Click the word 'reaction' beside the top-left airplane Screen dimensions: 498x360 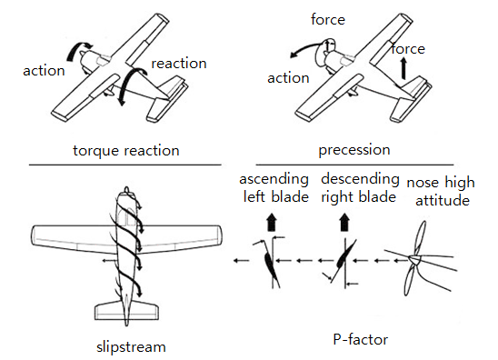click(179, 64)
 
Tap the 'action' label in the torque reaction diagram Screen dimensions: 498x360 click(44, 71)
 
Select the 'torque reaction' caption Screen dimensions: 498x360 click(126, 151)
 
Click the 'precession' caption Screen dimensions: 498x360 click(354, 150)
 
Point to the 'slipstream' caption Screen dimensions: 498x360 click(131, 346)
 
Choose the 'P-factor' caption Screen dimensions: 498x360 click(361, 339)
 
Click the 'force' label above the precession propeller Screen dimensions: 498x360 click(328, 19)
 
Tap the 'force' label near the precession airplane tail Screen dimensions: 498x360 click(408, 48)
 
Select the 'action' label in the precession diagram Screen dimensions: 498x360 click(288, 78)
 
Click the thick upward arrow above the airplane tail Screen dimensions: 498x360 click(403, 68)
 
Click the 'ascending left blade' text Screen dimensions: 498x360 click(274, 188)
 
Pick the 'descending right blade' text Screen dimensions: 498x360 click(360, 188)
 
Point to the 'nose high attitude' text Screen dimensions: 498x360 click(441, 191)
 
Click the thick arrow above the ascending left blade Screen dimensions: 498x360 click(271, 222)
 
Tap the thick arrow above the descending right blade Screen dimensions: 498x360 click(344, 222)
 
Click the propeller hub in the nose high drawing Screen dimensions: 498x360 click(414, 259)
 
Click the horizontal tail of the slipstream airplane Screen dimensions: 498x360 click(126, 312)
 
